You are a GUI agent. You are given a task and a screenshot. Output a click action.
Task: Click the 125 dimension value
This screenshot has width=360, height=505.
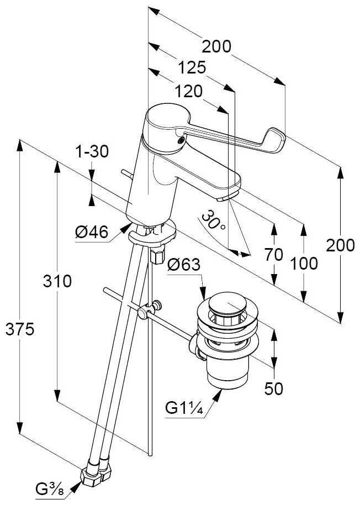click(x=192, y=68)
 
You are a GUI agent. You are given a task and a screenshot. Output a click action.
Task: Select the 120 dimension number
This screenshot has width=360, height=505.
click(x=189, y=91)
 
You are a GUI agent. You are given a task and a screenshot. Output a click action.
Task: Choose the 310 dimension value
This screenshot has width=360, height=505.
click(x=58, y=281)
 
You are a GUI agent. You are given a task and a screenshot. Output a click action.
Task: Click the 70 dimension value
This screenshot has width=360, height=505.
click(x=273, y=255)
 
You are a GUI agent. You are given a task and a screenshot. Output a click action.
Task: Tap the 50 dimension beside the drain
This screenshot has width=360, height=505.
click(x=273, y=389)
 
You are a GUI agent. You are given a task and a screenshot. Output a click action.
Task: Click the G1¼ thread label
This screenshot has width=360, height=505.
click(x=186, y=409)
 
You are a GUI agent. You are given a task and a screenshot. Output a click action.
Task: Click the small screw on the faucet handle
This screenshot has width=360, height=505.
click(x=179, y=141)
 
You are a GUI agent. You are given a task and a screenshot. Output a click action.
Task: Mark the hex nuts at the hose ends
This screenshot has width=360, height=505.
click(x=97, y=476)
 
